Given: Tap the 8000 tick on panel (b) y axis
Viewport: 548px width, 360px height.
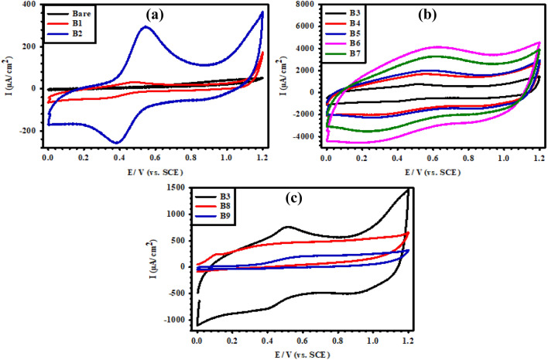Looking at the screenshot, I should (x=307, y=5).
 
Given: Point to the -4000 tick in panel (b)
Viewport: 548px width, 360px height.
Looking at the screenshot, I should (x=304, y=139).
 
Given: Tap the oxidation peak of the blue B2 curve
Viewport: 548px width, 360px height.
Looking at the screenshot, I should (x=145, y=27).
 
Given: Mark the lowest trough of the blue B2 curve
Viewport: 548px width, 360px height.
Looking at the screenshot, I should (x=116, y=142).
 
